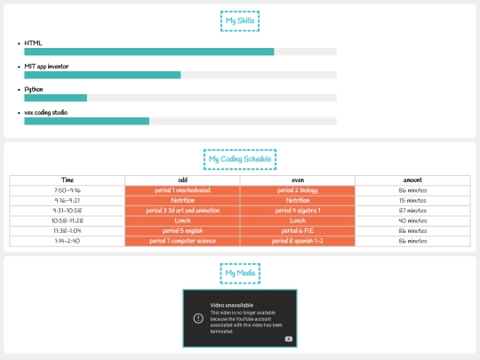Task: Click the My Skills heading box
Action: [239, 20]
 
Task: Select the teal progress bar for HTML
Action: [148, 52]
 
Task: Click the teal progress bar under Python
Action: [55, 98]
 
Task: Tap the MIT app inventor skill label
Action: [46, 66]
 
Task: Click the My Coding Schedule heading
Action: [239, 159]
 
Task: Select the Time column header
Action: [68, 180]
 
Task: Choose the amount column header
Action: [412, 180]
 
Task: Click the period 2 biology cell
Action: [298, 190]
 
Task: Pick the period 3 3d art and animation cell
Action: [182, 211]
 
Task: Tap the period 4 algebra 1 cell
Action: [298, 211]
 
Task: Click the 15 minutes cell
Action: [412, 200]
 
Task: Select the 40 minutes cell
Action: [412, 220]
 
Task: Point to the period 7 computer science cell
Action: [182, 241]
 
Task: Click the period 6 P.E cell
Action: [298, 230]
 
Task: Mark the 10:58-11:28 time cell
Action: [68, 220]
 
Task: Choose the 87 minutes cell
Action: [412, 211]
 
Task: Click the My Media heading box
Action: [239, 273]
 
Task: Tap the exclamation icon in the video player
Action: [196, 317]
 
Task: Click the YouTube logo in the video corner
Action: [288, 339]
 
